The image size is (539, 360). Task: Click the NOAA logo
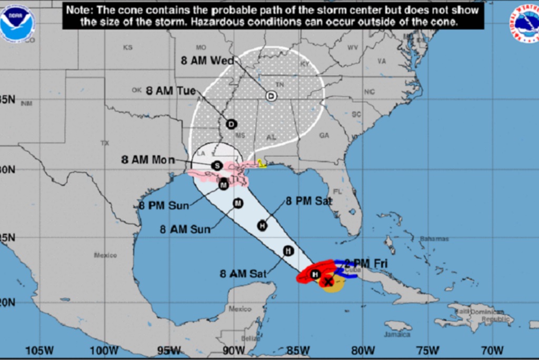pos(17,24)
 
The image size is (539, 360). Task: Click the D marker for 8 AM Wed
pos(271,96)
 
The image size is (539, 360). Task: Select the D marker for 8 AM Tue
pos(231,124)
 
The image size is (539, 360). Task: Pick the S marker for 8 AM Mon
pos(216,166)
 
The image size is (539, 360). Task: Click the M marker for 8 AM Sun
pos(237,203)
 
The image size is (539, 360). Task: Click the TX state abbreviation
pos(104,143)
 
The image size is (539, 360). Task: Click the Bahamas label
pos(434,239)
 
